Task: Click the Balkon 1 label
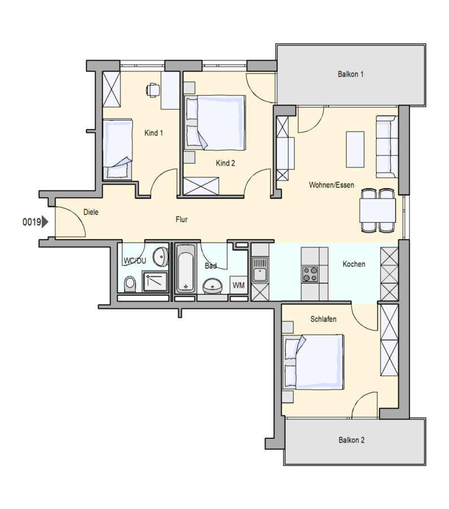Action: click(x=350, y=74)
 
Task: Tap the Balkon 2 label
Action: click(x=351, y=440)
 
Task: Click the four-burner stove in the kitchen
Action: click(x=310, y=274)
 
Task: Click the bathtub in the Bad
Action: click(x=185, y=269)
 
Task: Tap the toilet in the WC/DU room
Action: click(x=130, y=284)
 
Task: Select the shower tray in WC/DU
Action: click(x=155, y=282)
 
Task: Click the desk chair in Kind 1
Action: click(x=153, y=90)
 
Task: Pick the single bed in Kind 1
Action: click(x=118, y=149)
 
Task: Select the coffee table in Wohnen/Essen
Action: click(x=355, y=149)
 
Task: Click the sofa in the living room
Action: click(x=387, y=146)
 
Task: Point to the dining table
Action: click(x=378, y=210)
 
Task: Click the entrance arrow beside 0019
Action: click(x=45, y=222)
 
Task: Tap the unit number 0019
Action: click(x=32, y=222)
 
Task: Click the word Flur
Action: click(x=182, y=219)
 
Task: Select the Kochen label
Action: click(x=354, y=264)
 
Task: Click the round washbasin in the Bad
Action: click(x=213, y=286)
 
